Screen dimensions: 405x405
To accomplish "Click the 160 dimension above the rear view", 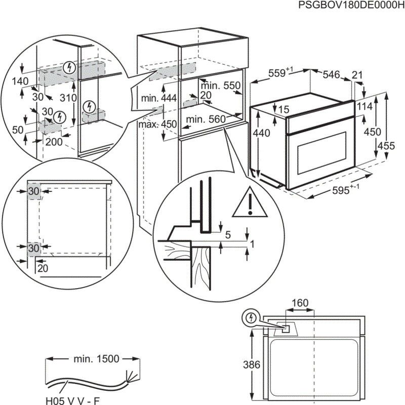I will pyautogui.click(x=299, y=303).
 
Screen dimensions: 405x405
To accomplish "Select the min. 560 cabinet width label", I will pyautogui.click(x=205, y=119).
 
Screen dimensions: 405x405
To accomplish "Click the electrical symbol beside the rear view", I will pyautogui.click(x=250, y=317).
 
